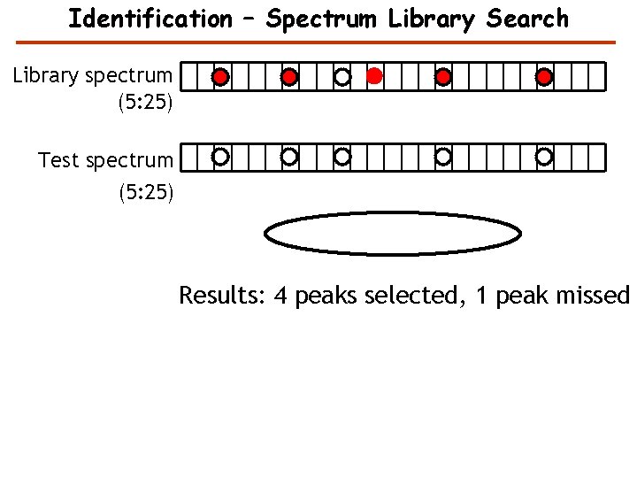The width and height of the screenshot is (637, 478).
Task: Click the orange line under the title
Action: (316, 42)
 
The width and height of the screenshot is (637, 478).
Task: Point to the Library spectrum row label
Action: (93, 76)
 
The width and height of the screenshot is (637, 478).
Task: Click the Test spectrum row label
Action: (105, 160)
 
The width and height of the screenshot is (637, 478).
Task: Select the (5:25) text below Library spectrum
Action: (145, 104)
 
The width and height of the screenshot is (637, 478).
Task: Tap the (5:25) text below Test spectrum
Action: (145, 190)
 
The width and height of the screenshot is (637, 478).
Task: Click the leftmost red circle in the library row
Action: (220, 77)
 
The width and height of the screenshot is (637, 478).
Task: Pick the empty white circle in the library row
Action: (342, 77)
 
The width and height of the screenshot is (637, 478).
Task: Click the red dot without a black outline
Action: (374, 76)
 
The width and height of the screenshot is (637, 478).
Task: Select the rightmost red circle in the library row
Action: (544, 77)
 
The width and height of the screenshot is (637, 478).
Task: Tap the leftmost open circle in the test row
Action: (220, 157)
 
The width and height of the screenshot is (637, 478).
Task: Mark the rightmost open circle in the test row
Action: (544, 157)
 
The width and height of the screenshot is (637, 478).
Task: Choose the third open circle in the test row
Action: (342, 157)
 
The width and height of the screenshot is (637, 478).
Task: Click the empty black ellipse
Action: (394, 233)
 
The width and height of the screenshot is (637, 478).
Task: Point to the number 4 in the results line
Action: (280, 295)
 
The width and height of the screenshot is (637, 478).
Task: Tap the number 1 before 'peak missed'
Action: (481, 295)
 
